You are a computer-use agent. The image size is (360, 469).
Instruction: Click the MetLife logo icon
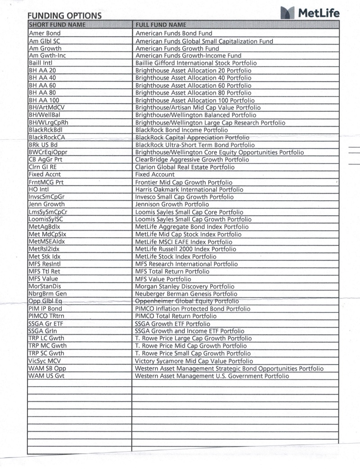[x=287, y=13]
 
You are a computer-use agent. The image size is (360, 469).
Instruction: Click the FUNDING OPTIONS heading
[x=64, y=16]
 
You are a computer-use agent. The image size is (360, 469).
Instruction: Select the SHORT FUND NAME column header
[x=57, y=24]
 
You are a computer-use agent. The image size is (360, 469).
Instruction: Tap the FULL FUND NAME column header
[x=161, y=24]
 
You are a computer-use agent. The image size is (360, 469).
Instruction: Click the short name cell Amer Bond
[x=45, y=33]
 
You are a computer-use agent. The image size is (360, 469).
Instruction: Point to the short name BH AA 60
[x=43, y=85]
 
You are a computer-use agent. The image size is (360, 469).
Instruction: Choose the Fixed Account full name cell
[x=155, y=174]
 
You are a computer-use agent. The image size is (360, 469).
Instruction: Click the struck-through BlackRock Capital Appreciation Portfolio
[x=192, y=137]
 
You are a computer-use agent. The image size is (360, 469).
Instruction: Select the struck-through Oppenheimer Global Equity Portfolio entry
[x=187, y=301]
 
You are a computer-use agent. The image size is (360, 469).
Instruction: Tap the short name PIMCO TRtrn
[x=45, y=316]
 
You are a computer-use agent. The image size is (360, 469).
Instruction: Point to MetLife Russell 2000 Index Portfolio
[x=185, y=249]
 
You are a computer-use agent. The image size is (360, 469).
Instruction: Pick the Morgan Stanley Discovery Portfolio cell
[x=184, y=286]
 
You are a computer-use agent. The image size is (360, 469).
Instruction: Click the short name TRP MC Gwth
[x=47, y=346]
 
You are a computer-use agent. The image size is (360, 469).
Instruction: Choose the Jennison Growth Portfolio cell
[x=172, y=204]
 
